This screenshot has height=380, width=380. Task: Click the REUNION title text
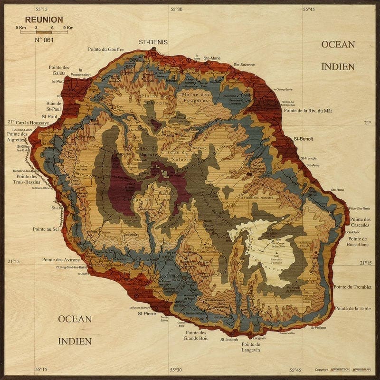(x=44, y=19)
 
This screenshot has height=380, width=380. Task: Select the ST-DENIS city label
(x=153, y=42)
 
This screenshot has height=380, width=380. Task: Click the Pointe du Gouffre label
(x=105, y=49)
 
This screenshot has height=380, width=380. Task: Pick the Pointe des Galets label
(x=59, y=70)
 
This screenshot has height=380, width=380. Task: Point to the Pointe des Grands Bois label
(x=197, y=335)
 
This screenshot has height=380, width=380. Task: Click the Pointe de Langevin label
(x=251, y=347)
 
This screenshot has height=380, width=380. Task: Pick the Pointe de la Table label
(x=352, y=308)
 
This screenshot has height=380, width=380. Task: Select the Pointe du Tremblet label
(x=352, y=287)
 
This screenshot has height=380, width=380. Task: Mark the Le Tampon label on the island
(x=170, y=276)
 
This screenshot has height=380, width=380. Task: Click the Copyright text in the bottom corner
(x=321, y=370)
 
